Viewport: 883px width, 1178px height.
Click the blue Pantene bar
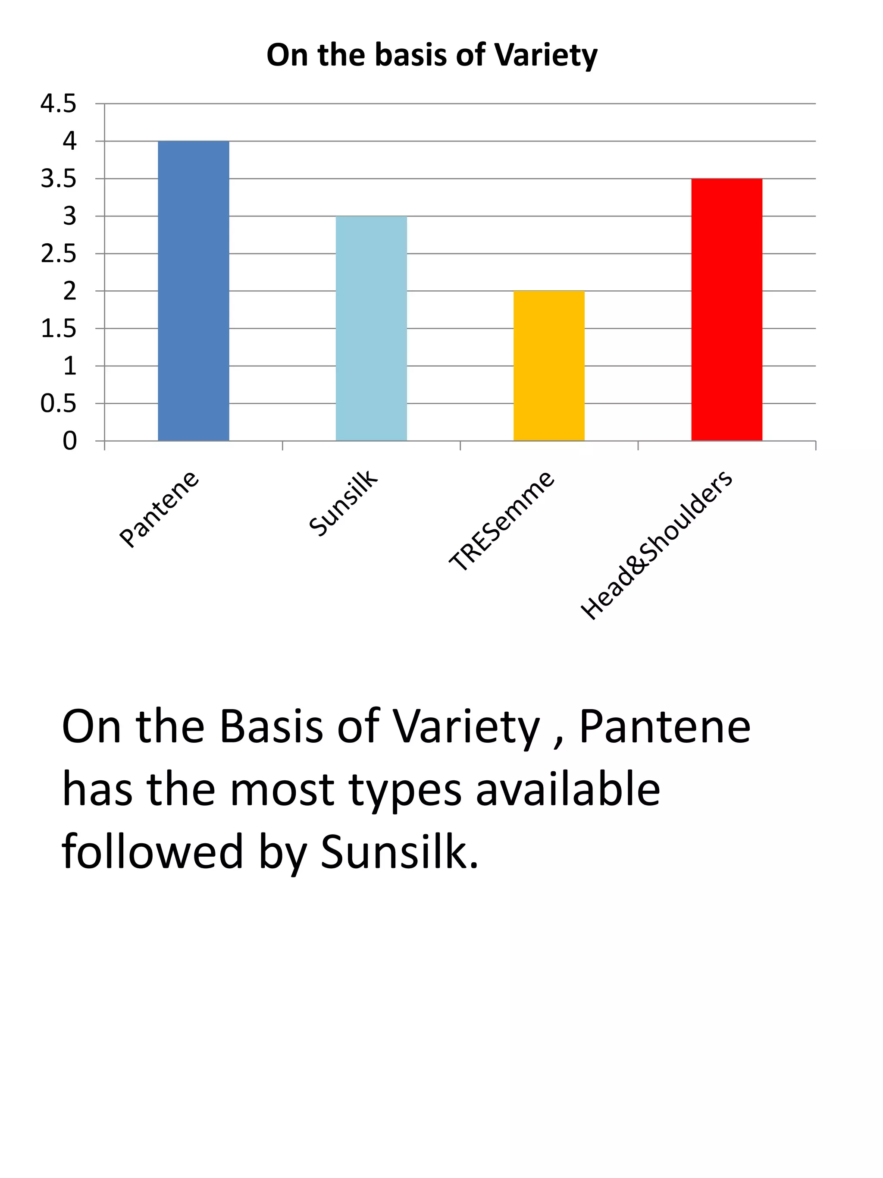pyautogui.click(x=193, y=291)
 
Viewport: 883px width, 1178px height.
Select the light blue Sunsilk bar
pyautogui.click(x=371, y=328)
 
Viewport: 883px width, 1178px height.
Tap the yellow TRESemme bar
pyautogui.click(x=549, y=366)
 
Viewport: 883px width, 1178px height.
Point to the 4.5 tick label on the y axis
pyautogui.click(x=59, y=104)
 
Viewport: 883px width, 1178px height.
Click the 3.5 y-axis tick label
pyautogui.click(x=59, y=179)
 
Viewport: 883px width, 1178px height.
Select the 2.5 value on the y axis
pyautogui.click(x=59, y=254)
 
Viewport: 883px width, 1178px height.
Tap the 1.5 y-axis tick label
pyautogui.click(x=59, y=329)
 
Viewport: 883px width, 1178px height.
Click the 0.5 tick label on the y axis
pyautogui.click(x=59, y=404)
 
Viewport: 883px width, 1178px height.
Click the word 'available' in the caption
pyautogui.click(x=568, y=790)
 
